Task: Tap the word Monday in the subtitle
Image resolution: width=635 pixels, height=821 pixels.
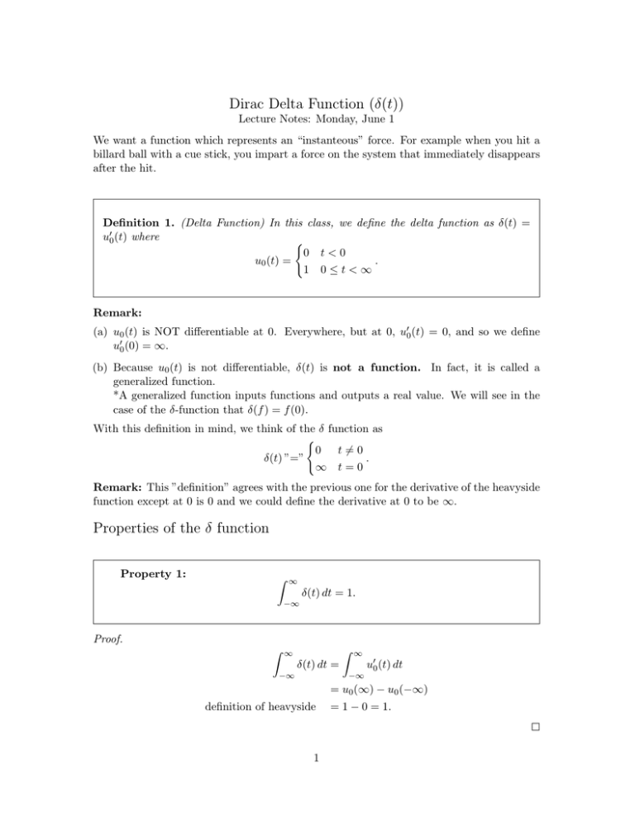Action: [332, 121]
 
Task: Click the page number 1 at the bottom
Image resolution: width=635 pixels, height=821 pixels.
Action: [317, 798]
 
